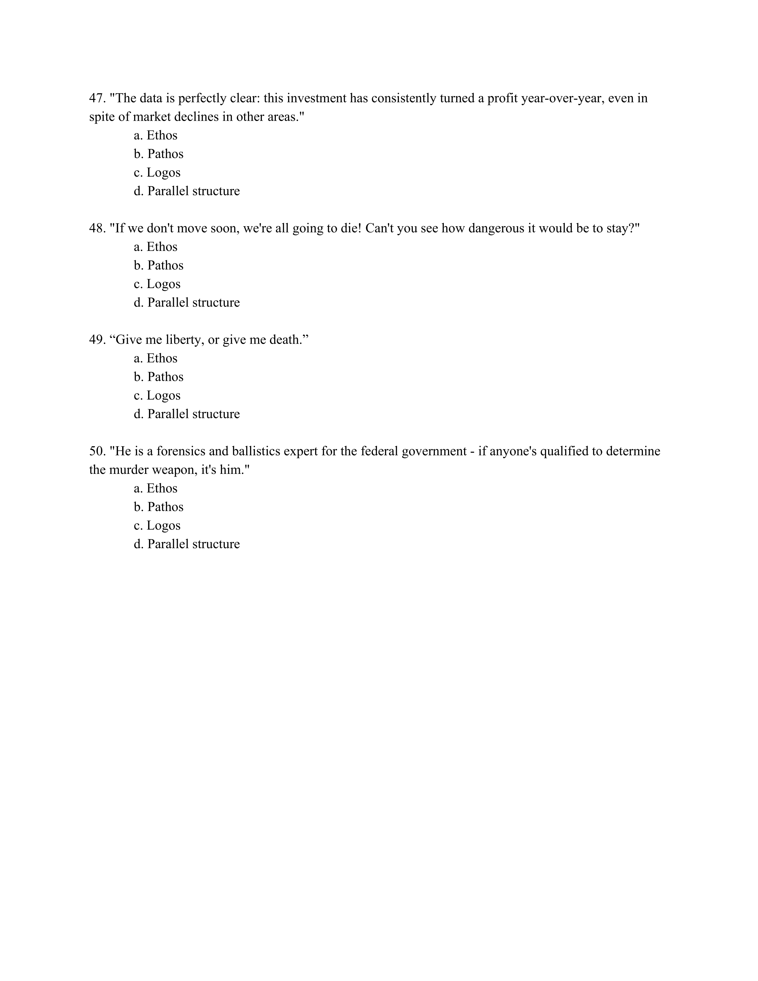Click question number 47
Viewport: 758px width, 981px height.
pyautogui.click(x=97, y=98)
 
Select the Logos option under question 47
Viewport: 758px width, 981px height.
pyautogui.click(x=157, y=172)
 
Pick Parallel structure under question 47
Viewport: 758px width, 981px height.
pyautogui.click(x=187, y=191)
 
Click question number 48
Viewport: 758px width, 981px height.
pyautogui.click(x=97, y=228)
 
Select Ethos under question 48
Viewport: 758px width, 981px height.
pyautogui.click(x=155, y=247)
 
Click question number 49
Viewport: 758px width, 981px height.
pyautogui.click(x=97, y=339)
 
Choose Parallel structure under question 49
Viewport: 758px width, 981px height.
pyautogui.click(x=187, y=414)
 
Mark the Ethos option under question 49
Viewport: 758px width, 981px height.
pyautogui.click(x=155, y=358)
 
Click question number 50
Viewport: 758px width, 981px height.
pyautogui.click(x=97, y=451)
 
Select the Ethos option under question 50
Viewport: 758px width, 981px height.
pyautogui.click(x=155, y=488)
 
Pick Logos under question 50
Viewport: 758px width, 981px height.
pyautogui.click(x=157, y=526)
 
